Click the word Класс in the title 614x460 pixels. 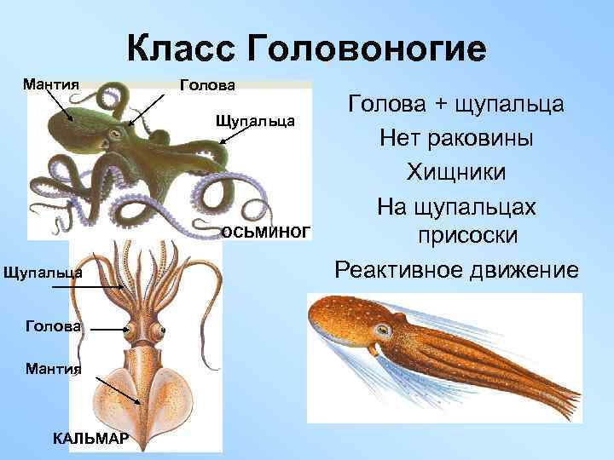[180, 49]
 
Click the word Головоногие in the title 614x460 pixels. [368, 49]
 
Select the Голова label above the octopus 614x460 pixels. [207, 84]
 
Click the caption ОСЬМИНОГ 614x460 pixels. [267, 232]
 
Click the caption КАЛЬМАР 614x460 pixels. [90, 438]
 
